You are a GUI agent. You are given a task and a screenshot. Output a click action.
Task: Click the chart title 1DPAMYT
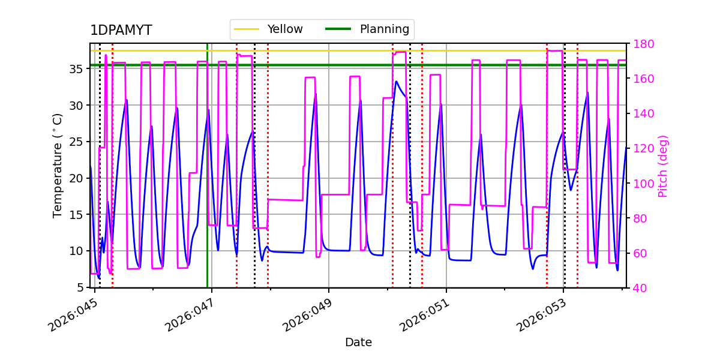(121, 31)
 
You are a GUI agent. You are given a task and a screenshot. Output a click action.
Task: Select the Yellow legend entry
(284, 29)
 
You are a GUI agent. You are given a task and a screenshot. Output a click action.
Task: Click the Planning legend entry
(384, 29)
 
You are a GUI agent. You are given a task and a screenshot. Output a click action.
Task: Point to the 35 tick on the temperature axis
(78, 69)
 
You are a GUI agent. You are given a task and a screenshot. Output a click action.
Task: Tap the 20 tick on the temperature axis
(78, 178)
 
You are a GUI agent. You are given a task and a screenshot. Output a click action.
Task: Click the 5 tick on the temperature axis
(82, 287)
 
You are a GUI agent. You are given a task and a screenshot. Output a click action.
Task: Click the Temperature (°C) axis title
(58, 165)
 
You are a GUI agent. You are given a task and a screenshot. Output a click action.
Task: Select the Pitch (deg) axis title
(663, 166)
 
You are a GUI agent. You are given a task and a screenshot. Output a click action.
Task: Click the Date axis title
(358, 343)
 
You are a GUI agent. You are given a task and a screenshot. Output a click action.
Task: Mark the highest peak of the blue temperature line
(396, 81)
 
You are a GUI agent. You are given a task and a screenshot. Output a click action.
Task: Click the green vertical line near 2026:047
(207, 180)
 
